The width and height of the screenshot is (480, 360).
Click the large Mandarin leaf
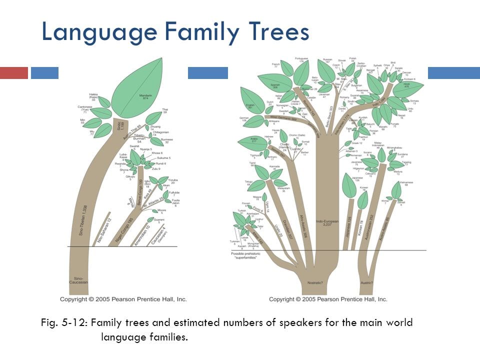point(137,90)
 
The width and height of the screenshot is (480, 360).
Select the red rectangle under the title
point(14,73)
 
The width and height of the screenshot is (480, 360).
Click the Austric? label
point(367,283)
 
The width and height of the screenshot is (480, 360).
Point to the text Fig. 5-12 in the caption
point(64,322)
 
